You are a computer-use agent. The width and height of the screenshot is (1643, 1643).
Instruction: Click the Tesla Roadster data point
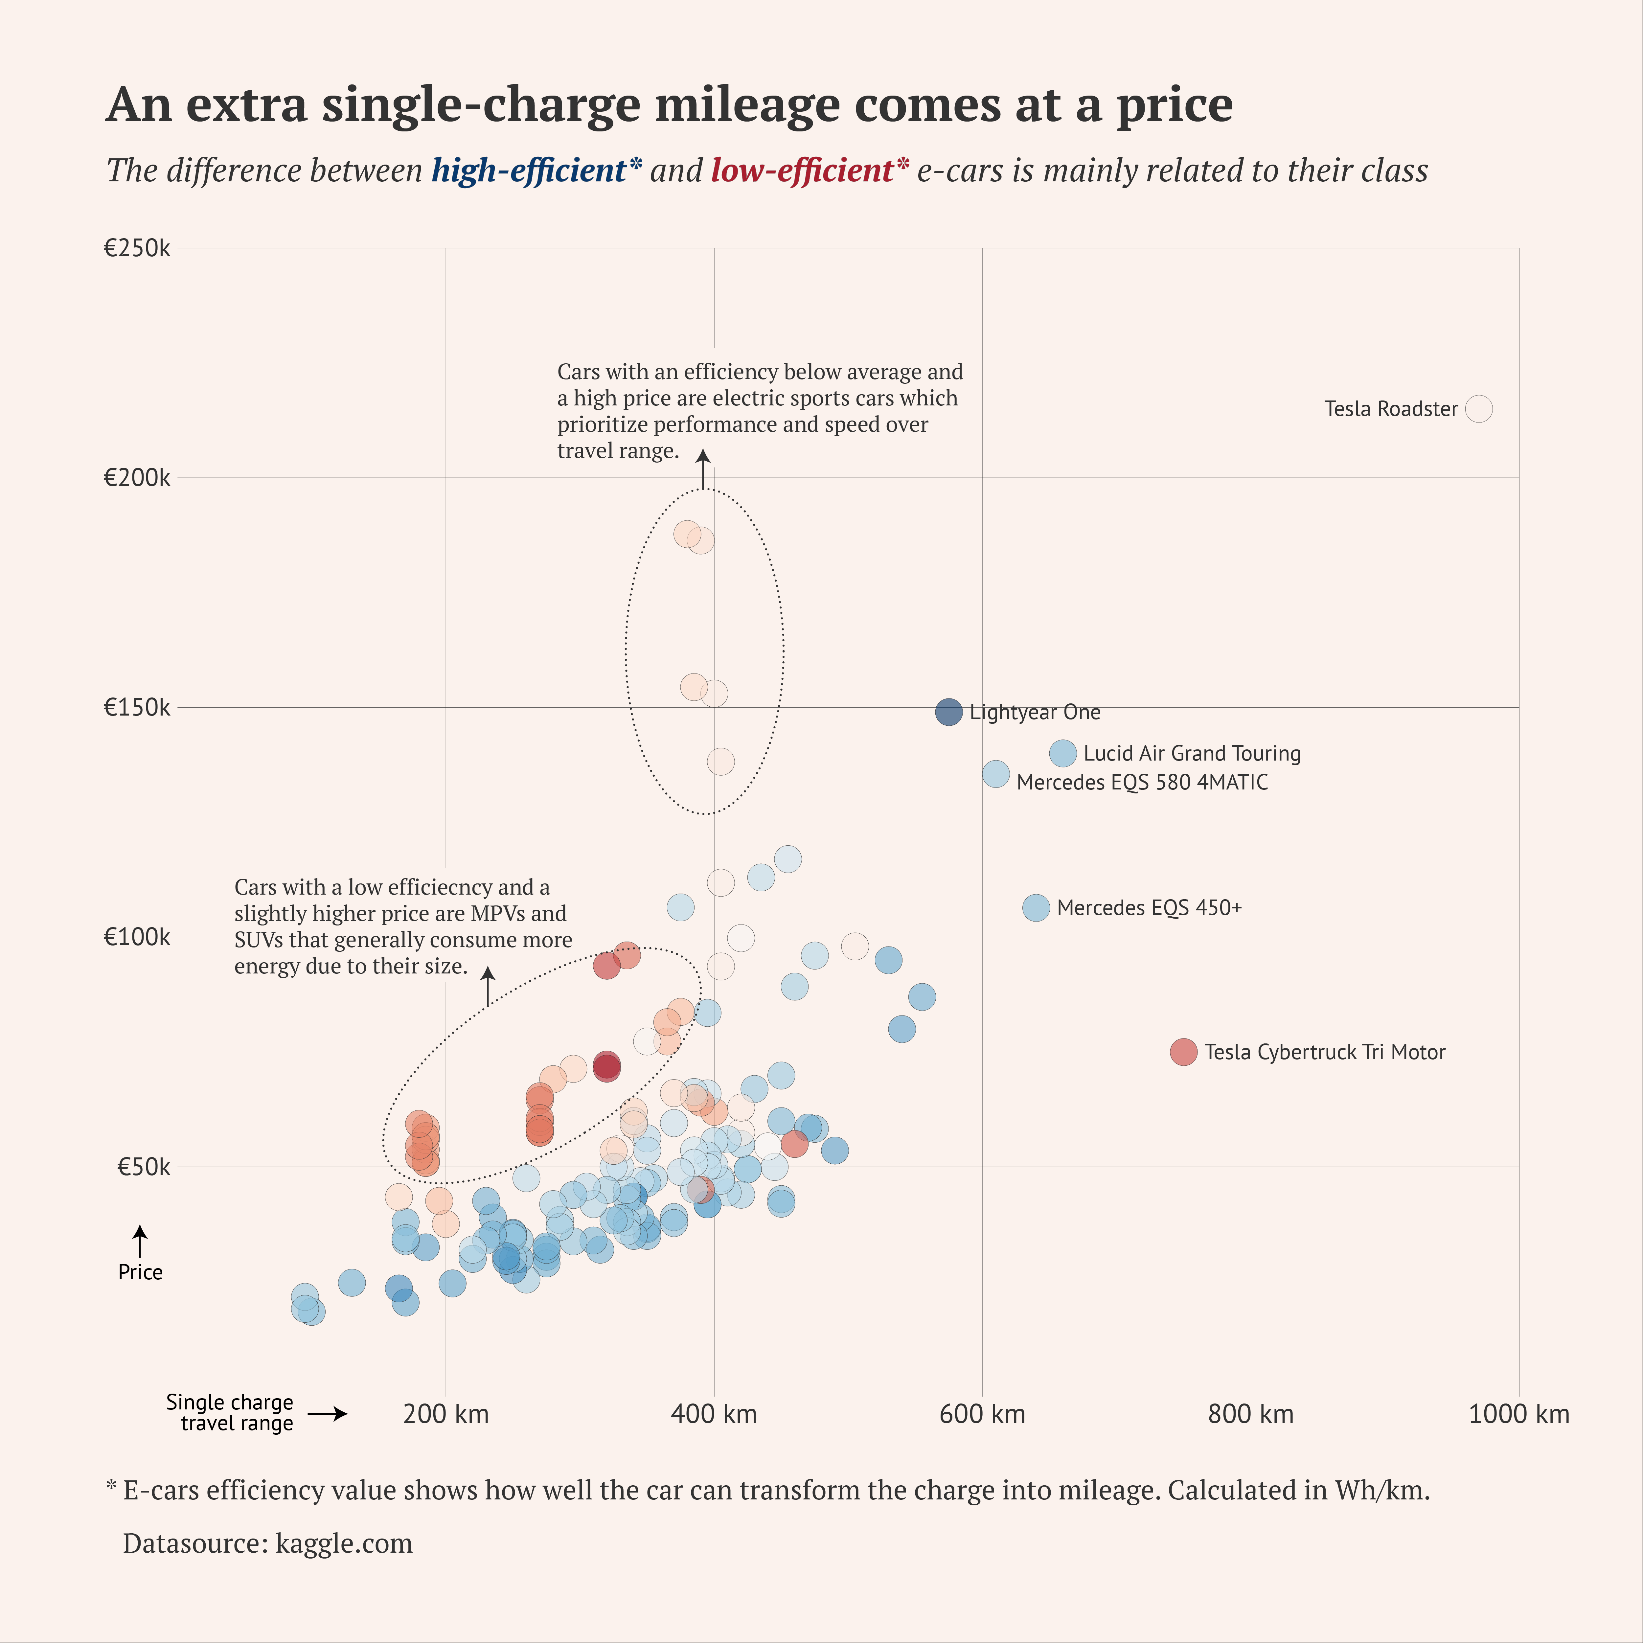(1479, 409)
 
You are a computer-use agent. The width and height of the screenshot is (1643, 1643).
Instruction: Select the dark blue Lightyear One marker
(948, 712)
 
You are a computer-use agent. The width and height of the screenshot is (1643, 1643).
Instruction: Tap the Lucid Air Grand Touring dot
(1062, 753)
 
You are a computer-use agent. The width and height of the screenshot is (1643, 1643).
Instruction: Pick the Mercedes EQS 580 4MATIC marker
(996, 774)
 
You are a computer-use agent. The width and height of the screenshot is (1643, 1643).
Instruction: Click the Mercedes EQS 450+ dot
(1035, 907)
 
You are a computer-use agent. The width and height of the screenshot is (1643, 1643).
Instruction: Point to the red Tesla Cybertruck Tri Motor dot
(1183, 1052)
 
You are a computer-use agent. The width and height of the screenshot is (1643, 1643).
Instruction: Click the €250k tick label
(137, 248)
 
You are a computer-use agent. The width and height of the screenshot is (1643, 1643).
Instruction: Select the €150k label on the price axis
(137, 708)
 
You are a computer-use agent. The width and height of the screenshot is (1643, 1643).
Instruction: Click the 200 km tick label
(445, 1414)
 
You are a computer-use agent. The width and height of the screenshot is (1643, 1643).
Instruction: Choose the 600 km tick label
(982, 1414)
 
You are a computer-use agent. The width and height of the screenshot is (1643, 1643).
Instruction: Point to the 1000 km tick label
(1519, 1414)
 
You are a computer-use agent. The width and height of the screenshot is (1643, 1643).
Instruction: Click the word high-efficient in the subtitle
(529, 171)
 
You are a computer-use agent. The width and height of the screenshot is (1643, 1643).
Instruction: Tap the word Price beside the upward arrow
(140, 1272)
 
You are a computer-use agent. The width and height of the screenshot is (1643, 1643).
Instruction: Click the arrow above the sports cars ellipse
(703, 469)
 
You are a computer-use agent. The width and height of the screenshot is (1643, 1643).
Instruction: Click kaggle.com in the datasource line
(344, 1543)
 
